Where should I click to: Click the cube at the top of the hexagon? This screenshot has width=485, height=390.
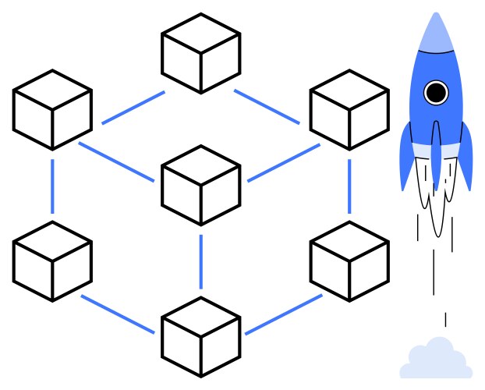[x=200, y=53]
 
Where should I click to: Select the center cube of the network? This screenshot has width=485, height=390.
[x=200, y=185]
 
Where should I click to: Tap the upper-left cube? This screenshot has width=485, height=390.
[x=52, y=110]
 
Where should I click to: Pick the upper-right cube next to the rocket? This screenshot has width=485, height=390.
[x=349, y=110]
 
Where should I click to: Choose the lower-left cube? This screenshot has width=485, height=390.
[x=52, y=261]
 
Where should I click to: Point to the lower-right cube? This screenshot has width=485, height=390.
[x=349, y=261]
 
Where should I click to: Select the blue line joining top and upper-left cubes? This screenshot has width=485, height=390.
[x=133, y=108]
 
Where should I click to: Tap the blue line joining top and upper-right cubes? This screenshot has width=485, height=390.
[x=267, y=107]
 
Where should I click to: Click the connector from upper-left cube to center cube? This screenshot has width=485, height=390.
[x=117, y=162]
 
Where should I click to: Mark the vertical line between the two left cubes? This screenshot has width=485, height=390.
[x=52, y=186]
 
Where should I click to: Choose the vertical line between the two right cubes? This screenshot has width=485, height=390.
[x=349, y=186]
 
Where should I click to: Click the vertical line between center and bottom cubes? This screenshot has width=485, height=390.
[x=200, y=261]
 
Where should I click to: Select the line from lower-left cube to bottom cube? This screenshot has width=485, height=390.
[x=117, y=314]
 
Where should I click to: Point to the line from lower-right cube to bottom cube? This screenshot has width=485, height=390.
[x=283, y=314]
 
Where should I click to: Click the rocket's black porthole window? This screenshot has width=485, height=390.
[x=436, y=93]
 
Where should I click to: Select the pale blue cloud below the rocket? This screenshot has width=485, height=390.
[x=436, y=360]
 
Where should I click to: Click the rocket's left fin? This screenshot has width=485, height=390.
[x=406, y=160]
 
